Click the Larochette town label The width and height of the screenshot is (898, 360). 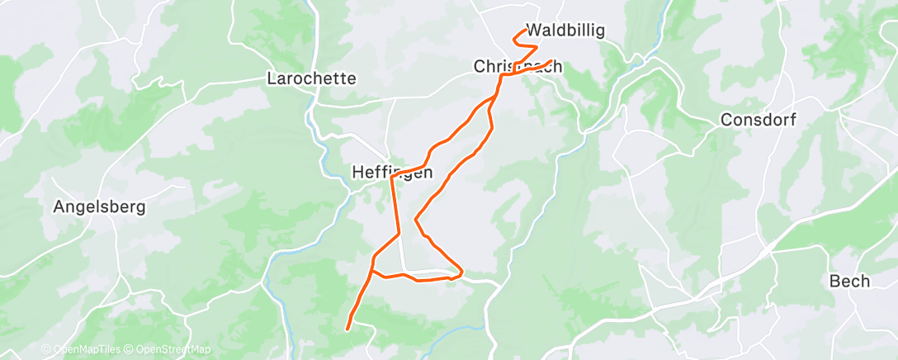(x=312, y=79)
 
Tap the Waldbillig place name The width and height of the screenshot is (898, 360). (x=565, y=31)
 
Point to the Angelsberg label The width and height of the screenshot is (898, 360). (x=99, y=206)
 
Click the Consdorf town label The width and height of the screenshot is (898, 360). (x=758, y=120)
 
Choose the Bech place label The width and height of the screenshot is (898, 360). (x=849, y=282)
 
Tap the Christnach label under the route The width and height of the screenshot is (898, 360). (x=518, y=66)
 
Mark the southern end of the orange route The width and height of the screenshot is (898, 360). (x=347, y=329)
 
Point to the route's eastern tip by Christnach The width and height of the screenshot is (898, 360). (x=551, y=61)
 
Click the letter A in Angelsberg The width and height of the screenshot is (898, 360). (x=58, y=206)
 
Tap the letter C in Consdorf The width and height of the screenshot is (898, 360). (x=726, y=120)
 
